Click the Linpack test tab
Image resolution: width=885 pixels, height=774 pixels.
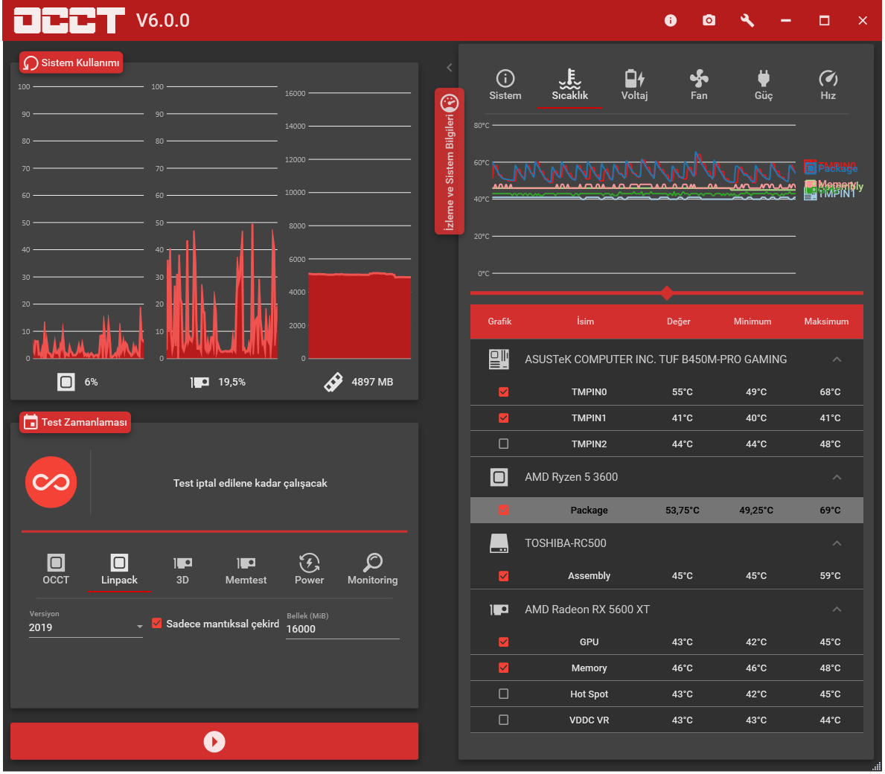(x=119, y=570)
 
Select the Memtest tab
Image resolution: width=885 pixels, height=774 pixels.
(x=246, y=570)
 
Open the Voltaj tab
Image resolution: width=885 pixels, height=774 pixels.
(x=634, y=85)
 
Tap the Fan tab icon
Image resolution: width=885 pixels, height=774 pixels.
(x=699, y=78)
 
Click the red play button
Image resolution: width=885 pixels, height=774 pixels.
(x=214, y=741)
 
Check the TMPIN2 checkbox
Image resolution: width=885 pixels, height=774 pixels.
(x=504, y=444)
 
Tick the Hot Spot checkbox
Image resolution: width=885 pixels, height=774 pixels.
(x=504, y=694)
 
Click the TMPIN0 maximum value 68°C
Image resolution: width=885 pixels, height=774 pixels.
(x=830, y=392)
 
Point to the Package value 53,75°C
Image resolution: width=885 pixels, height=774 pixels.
(x=682, y=511)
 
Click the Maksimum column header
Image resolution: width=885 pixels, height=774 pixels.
(x=826, y=322)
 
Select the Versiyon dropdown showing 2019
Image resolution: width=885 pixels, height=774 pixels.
(x=86, y=627)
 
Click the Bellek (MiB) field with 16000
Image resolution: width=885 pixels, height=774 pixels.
(x=342, y=629)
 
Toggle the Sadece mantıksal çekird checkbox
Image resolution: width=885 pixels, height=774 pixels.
(x=157, y=624)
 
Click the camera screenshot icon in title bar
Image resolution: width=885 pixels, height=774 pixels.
(x=709, y=20)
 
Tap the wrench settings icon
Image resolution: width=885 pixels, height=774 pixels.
(x=747, y=20)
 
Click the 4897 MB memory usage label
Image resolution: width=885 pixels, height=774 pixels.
(x=372, y=382)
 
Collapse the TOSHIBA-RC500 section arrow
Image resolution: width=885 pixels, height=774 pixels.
(x=837, y=543)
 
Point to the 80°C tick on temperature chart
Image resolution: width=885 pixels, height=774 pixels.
(x=482, y=126)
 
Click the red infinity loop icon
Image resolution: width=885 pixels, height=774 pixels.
(x=51, y=482)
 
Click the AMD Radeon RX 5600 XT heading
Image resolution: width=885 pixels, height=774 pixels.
(x=587, y=610)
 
